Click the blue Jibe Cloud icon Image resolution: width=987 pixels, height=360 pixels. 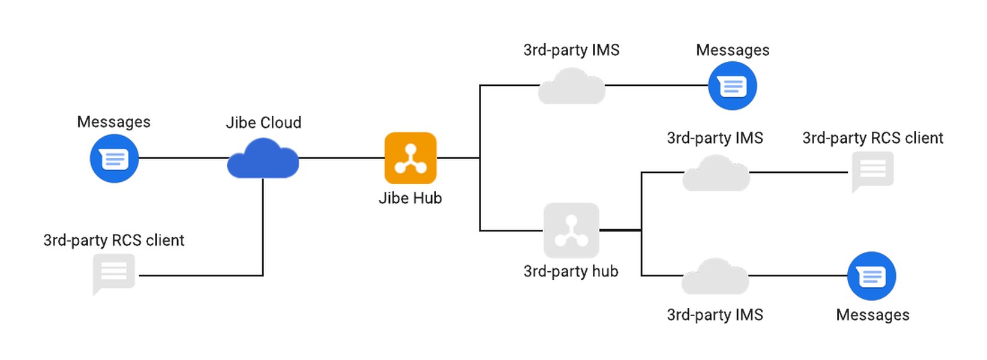263,159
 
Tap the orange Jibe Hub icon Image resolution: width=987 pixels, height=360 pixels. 410,158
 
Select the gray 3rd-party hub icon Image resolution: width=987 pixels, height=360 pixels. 571,230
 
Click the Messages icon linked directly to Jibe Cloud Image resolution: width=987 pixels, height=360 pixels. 114,158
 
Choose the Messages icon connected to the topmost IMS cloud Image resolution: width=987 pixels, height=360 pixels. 733,86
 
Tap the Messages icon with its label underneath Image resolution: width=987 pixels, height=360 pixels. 872,276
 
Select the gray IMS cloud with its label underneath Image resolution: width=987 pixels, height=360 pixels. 715,277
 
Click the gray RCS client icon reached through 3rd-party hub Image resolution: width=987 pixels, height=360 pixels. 873,170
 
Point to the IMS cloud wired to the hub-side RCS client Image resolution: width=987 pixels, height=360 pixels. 716,174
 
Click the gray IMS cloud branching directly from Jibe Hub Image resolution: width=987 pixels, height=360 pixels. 571,87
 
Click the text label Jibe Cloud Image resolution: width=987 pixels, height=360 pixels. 263,122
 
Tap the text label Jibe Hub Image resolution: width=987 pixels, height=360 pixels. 410,198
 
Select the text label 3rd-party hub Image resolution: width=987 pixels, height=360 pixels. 571,271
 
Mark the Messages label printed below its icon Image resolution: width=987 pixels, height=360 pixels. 872,315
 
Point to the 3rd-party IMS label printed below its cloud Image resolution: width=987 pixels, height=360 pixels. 715,315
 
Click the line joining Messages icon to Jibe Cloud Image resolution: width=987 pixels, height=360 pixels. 183,158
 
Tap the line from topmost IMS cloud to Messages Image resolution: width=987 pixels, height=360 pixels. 656,85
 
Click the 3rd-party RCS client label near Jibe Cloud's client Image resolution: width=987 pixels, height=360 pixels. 114,240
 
